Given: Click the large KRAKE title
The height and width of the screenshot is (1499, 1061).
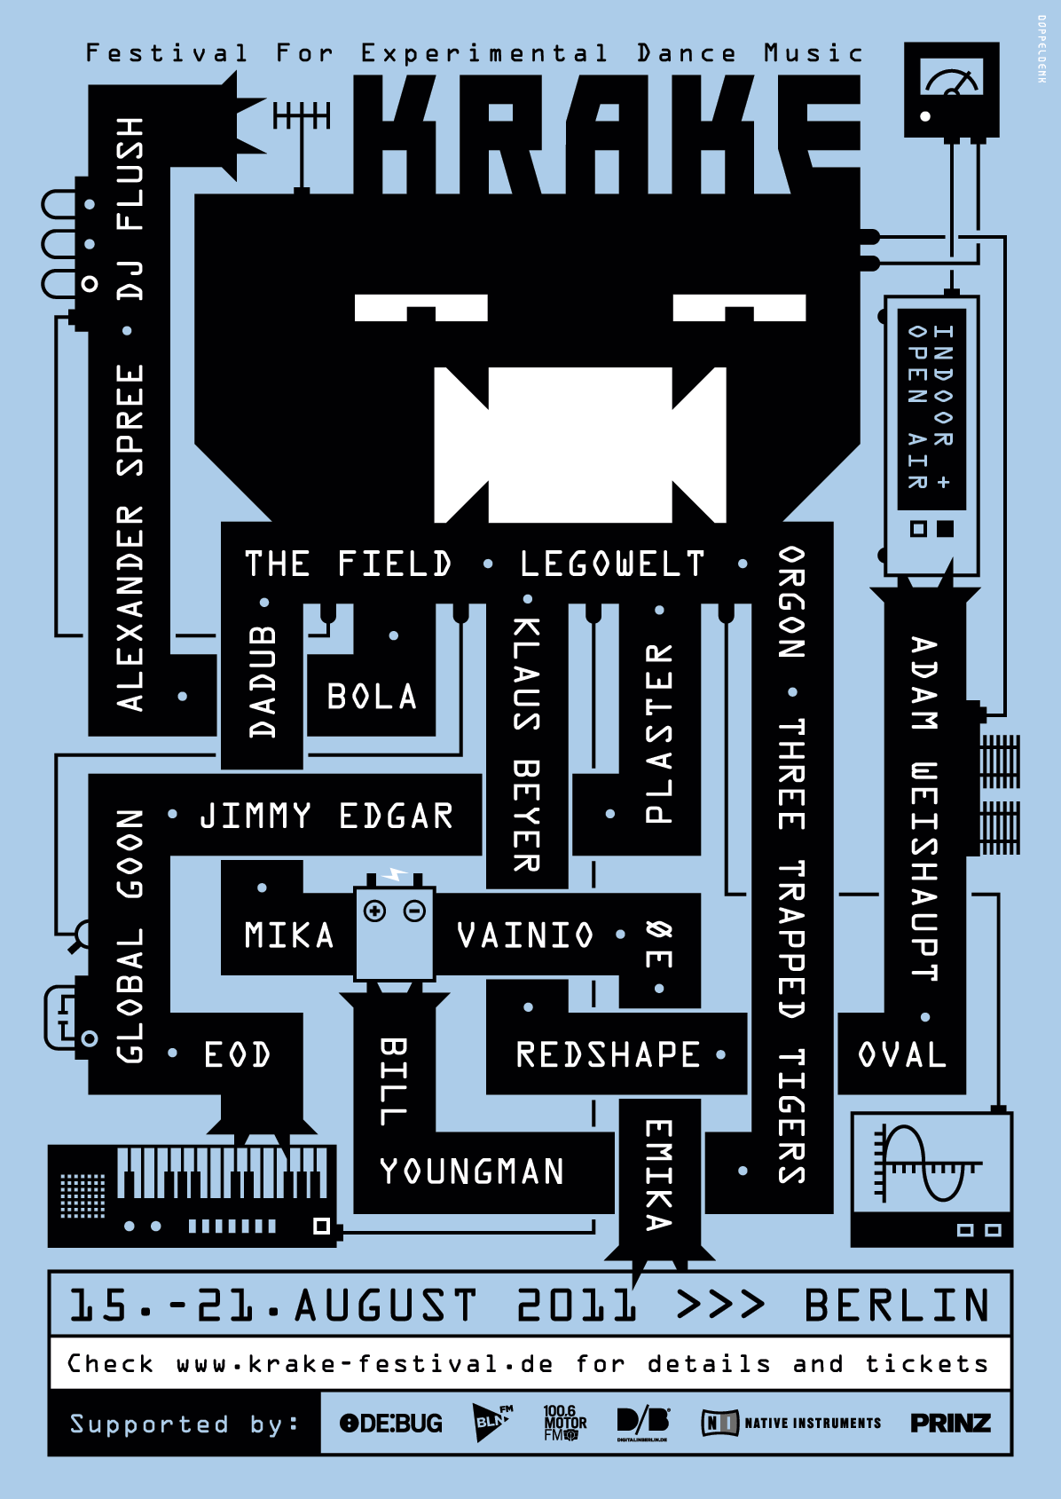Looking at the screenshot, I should [x=607, y=133].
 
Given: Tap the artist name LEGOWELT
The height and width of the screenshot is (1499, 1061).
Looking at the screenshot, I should [x=612, y=564].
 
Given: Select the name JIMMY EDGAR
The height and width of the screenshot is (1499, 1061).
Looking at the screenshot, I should [x=326, y=816].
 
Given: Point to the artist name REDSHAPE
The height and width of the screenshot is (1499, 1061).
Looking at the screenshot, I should [x=609, y=1054].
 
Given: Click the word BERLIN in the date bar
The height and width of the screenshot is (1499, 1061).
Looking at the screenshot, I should [x=897, y=1306].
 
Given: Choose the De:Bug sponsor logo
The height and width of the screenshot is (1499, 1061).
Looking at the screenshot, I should [x=391, y=1424].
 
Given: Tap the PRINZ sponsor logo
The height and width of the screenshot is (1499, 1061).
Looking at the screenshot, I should [x=950, y=1424].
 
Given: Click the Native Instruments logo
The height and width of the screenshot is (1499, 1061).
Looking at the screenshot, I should [x=791, y=1423].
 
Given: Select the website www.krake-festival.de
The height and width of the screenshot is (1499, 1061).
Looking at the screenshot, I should [x=365, y=1364].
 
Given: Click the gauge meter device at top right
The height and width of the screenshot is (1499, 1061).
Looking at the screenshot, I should [x=951, y=89].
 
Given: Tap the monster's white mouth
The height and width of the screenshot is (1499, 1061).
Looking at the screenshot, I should [x=579, y=444].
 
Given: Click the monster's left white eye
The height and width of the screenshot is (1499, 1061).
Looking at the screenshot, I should [x=420, y=307].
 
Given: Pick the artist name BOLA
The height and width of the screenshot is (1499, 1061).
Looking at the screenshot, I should [x=372, y=698].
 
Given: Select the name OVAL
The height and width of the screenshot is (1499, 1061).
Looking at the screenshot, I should [x=902, y=1055].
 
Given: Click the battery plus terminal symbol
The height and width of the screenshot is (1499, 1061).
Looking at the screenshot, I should [x=375, y=911].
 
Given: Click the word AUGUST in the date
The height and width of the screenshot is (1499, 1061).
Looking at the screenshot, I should [x=386, y=1306].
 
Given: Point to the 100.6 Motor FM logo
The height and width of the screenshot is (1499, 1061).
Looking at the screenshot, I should [x=564, y=1423].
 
